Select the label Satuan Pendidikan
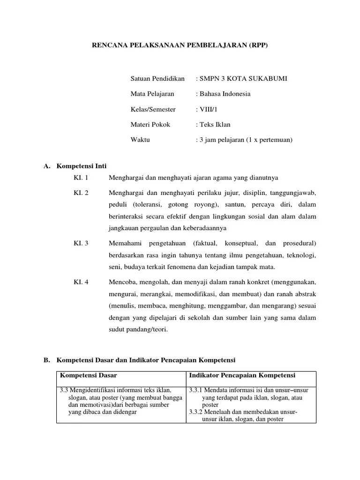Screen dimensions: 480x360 [x=157, y=78]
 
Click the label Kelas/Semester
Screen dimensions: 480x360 [x=153, y=109]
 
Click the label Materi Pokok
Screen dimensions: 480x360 [x=150, y=125]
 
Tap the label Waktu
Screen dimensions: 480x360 [x=140, y=140]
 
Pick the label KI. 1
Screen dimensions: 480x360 [x=81, y=178]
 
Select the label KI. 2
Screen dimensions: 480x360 [x=81, y=193]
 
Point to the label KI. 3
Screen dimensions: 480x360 [x=81, y=244]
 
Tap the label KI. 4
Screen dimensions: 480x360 [x=81, y=283]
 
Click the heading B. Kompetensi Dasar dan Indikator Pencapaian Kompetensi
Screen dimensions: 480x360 [x=139, y=360]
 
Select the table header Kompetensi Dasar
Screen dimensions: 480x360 [x=88, y=375]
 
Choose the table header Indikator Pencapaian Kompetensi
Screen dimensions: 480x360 [x=241, y=375]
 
